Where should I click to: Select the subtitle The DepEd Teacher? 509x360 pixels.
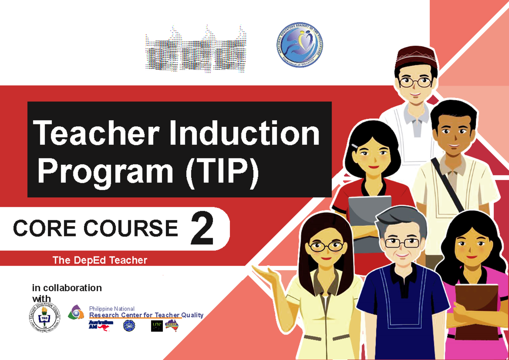pyautogui.click(x=100, y=260)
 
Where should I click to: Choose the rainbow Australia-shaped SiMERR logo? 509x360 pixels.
pyautogui.click(x=172, y=325)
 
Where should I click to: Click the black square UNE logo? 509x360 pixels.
pyautogui.click(x=157, y=326)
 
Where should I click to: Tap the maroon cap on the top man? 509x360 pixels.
pyautogui.click(x=415, y=57)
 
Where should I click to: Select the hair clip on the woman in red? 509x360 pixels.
pyautogui.click(x=355, y=146)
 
